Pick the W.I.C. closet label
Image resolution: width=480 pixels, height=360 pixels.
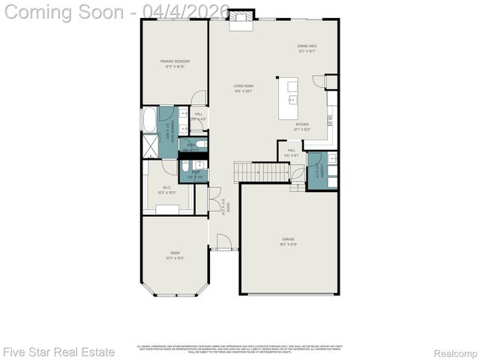pyautogui.click(x=166, y=190)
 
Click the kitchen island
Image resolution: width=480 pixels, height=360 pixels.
pyautogui.click(x=289, y=98)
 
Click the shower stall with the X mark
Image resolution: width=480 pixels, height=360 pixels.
pyautogui.click(x=150, y=144)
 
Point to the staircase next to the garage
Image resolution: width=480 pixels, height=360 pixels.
pyautogui.click(x=262, y=172)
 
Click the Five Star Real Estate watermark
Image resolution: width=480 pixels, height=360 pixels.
pyautogui.click(x=58, y=351)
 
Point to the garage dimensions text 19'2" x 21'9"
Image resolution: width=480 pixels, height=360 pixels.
pyautogui.click(x=288, y=244)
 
